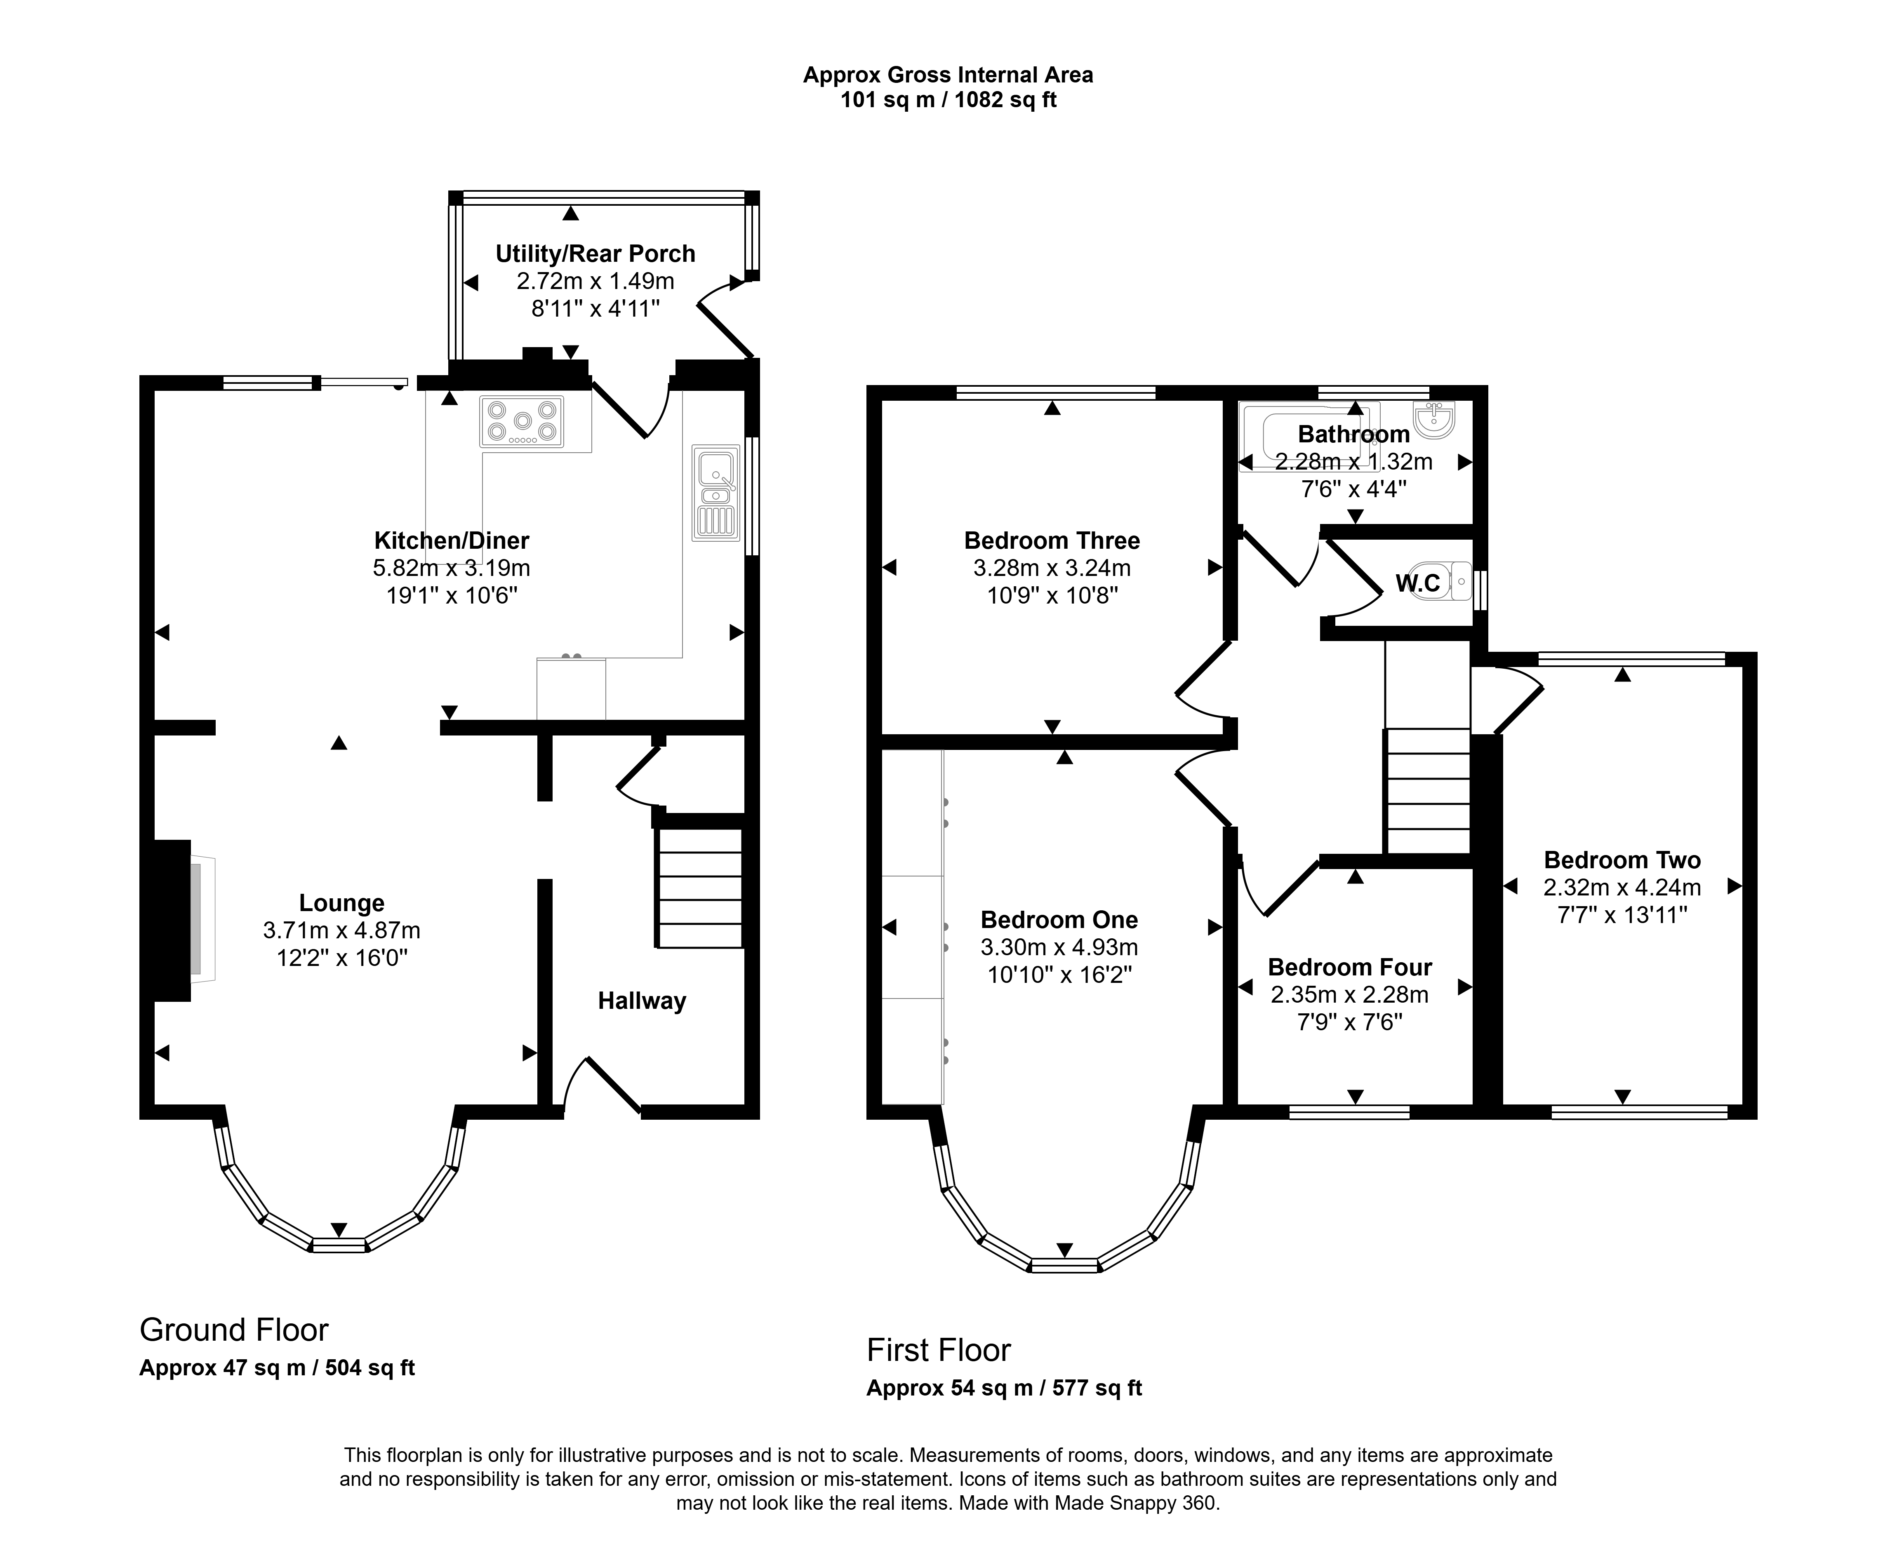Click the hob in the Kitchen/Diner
(x=522, y=421)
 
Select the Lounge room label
(x=342, y=903)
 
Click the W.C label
(x=1418, y=583)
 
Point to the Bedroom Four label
(x=1350, y=967)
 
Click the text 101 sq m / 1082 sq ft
(x=948, y=100)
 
